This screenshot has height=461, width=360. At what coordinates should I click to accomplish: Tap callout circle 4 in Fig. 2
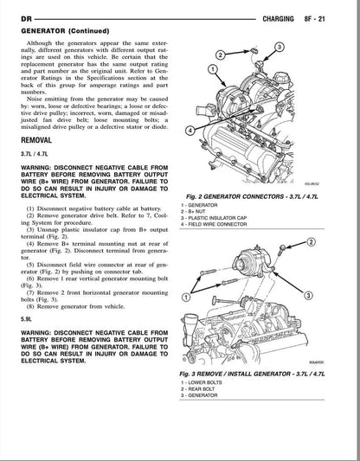point(190,130)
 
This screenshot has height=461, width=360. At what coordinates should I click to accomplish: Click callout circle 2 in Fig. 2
point(221,55)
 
